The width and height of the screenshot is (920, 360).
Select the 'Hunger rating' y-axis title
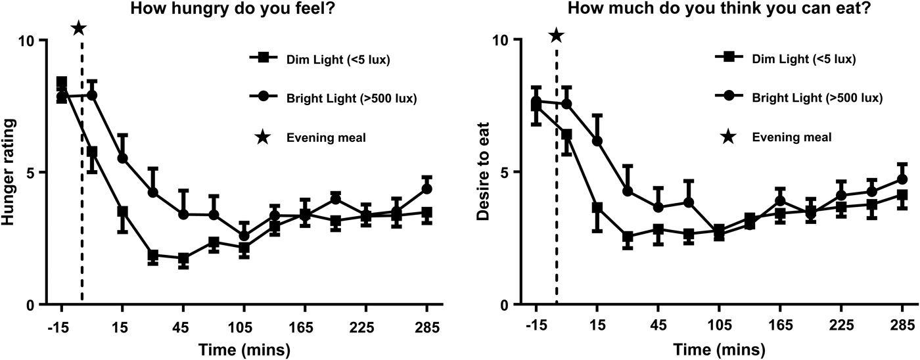coord(10,173)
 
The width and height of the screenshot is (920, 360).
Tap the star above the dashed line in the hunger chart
coord(79,28)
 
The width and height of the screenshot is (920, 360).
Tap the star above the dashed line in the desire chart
coord(556,35)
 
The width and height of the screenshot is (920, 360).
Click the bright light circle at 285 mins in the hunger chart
coord(427,189)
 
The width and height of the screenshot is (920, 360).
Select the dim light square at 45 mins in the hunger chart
coord(183,259)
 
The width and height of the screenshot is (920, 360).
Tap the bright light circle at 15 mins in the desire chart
coord(597,141)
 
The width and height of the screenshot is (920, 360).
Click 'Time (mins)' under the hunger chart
coord(244,349)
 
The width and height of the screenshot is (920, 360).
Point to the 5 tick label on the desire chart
coord(503,172)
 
